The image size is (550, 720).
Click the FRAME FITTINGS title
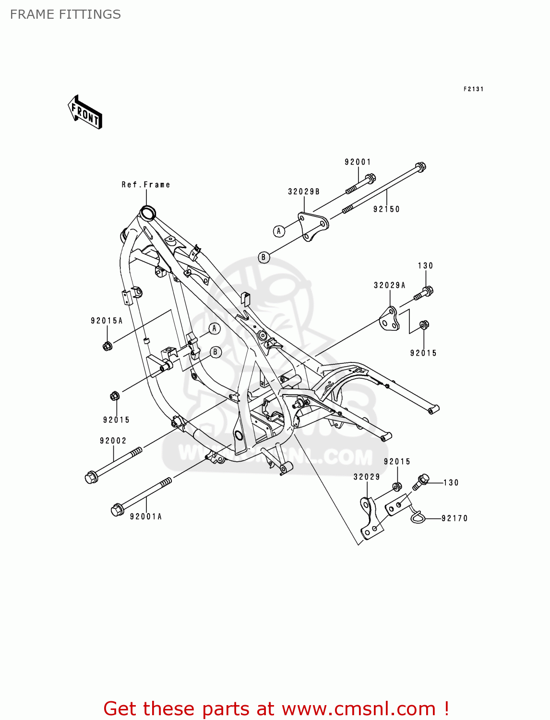pyautogui.click(x=65, y=14)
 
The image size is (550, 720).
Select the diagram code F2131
pyautogui.click(x=473, y=89)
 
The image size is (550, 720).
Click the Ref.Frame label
pyautogui.click(x=145, y=185)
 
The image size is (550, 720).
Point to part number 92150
pyautogui.click(x=386, y=209)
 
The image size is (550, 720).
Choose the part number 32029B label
pyautogui.click(x=304, y=192)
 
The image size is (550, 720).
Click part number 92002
pyautogui.click(x=113, y=441)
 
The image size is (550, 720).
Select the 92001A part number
pyautogui.click(x=146, y=516)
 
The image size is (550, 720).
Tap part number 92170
pyautogui.click(x=454, y=518)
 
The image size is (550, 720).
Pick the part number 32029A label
pyautogui.click(x=390, y=286)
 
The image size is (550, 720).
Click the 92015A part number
pyautogui.click(x=107, y=321)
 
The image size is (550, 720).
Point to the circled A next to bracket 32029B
pyautogui.click(x=279, y=231)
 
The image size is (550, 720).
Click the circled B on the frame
pyautogui.click(x=215, y=352)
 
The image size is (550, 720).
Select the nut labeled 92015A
pyautogui.click(x=108, y=345)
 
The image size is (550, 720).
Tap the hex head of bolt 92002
pyautogui.click(x=90, y=478)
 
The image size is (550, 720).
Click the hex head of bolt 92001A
pyautogui.click(x=117, y=510)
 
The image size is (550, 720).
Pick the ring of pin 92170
pyautogui.click(x=417, y=516)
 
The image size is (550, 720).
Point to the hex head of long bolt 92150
pyautogui.click(x=420, y=168)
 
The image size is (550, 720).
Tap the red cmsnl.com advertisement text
pyautogui.click(x=276, y=708)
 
